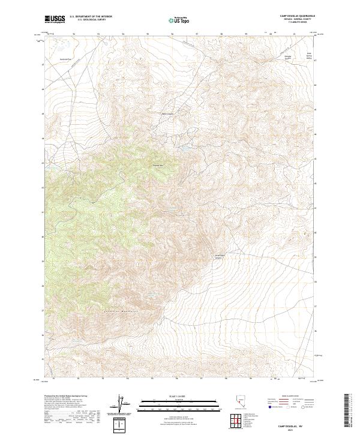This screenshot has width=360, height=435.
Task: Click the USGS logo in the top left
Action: point(55,19)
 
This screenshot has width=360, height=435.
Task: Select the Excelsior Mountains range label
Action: point(122,311)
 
